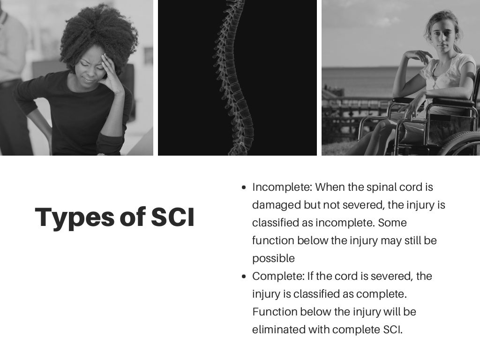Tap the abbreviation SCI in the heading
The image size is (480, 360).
pyautogui.click(x=172, y=217)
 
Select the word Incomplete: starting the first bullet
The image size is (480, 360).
pyautogui.click(x=282, y=187)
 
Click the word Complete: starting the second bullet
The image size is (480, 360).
pyautogui.click(x=278, y=276)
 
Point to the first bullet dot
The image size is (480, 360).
pyautogui.click(x=243, y=187)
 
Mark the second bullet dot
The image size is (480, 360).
pyautogui.click(x=243, y=277)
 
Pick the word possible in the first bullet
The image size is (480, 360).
pyautogui.click(x=273, y=258)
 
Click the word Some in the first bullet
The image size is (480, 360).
pyautogui.click(x=392, y=223)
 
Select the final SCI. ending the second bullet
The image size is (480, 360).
pyautogui.click(x=390, y=330)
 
